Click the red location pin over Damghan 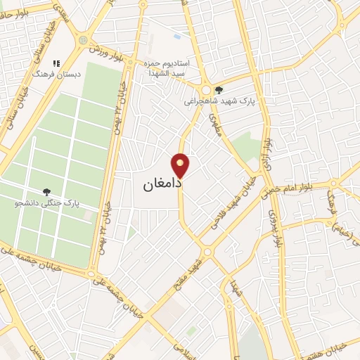(x=181, y=166)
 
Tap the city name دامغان (x=162, y=184)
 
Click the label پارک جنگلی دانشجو (x=46, y=203)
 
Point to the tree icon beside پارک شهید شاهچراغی (x=219, y=89)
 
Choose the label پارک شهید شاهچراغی (x=218, y=101)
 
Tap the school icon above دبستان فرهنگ (x=56, y=63)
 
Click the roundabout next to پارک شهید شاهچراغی (x=205, y=91)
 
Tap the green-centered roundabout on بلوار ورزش (x=84, y=41)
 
